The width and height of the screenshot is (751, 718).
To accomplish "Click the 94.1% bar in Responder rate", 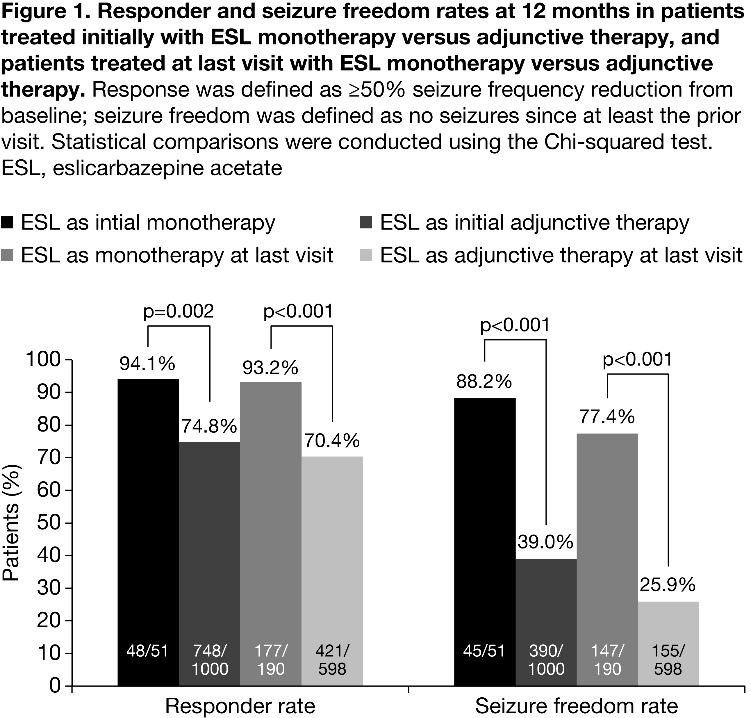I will tap(148, 536).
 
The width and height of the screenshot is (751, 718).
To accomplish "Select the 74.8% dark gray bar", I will tap(209, 566).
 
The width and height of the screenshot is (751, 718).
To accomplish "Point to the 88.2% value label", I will tap(484, 382).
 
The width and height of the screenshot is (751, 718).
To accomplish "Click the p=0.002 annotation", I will tap(178, 312).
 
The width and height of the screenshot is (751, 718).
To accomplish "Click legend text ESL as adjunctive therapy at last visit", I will tap(561, 255).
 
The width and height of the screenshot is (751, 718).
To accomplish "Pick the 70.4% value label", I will tap(332, 441).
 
